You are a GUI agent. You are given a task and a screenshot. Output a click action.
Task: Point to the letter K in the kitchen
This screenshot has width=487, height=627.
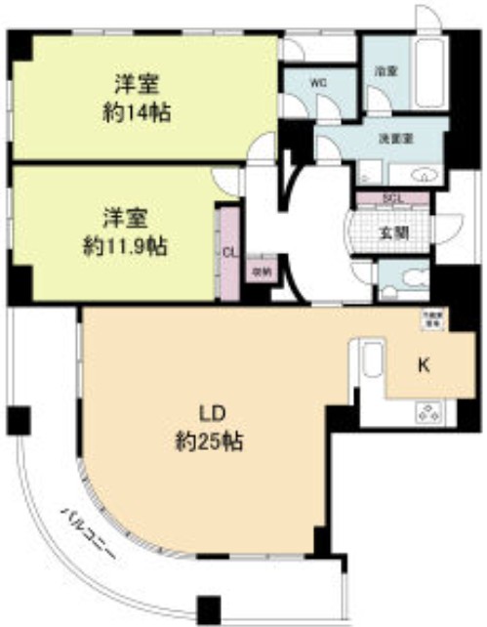click(x=423, y=365)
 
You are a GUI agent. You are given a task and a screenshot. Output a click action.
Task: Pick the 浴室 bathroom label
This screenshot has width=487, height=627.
click(x=386, y=71)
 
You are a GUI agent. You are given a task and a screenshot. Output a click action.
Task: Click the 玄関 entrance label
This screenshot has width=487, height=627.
click(x=393, y=232)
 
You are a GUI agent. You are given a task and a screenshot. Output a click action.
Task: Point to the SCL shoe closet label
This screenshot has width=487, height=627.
click(x=393, y=198)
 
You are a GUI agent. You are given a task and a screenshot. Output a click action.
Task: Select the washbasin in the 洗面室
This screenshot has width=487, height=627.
click(x=424, y=175)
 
